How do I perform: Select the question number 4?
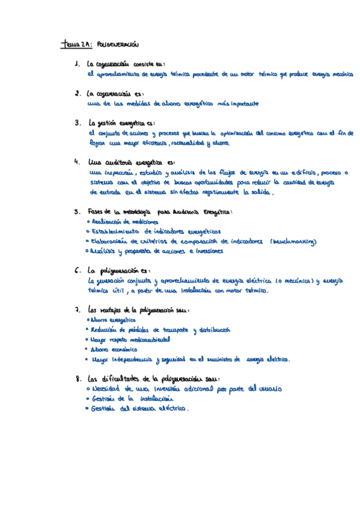(x=76, y=162)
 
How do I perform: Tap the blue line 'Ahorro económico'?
(x=114, y=349)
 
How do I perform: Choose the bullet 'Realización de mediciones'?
(x=123, y=222)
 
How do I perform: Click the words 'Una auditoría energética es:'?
(x=132, y=162)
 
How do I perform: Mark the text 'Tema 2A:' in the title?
(x=77, y=45)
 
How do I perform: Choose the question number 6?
(x=78, y=271)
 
